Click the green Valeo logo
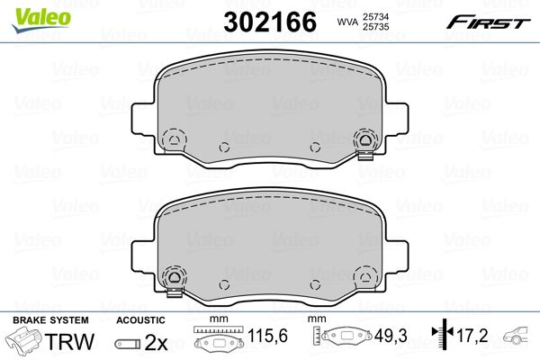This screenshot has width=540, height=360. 41,19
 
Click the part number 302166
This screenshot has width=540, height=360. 270,22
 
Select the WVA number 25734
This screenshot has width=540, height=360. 375,16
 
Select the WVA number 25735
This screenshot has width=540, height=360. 375,26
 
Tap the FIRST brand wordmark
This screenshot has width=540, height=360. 488,22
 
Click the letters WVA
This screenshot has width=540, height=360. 347,22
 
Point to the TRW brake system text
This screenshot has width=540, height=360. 69,341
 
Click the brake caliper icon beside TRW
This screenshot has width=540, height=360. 23,340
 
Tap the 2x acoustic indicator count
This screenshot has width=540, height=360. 156,342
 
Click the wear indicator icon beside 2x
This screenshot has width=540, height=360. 128,344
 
